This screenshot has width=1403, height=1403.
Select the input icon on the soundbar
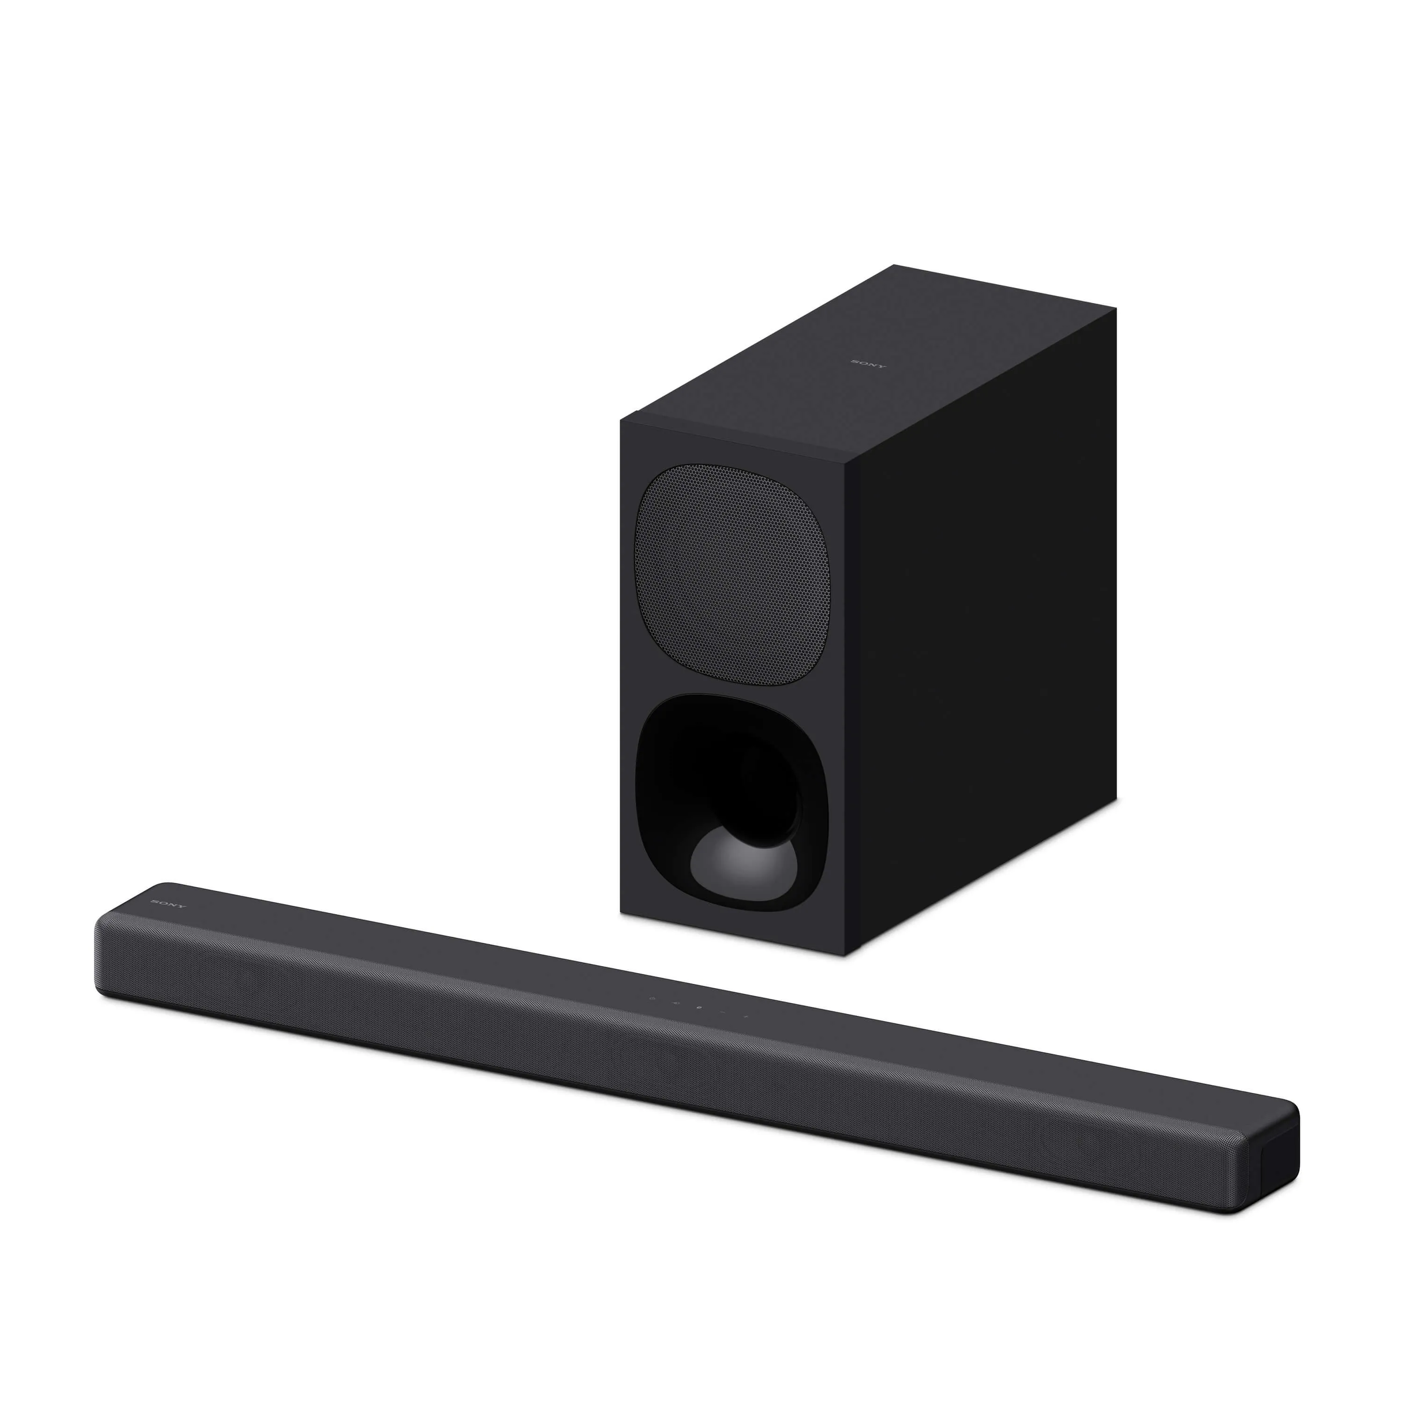click(676, 1004)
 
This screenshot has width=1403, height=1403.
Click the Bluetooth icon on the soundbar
click(699, 1008)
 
